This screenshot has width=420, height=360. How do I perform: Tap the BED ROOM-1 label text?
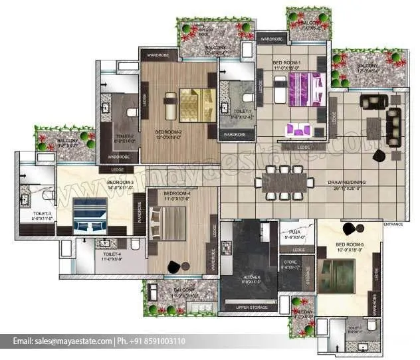(287, 62)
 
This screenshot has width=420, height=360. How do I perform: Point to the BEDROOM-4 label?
(177, 193)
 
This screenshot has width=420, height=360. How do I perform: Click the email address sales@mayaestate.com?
(62, 341)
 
